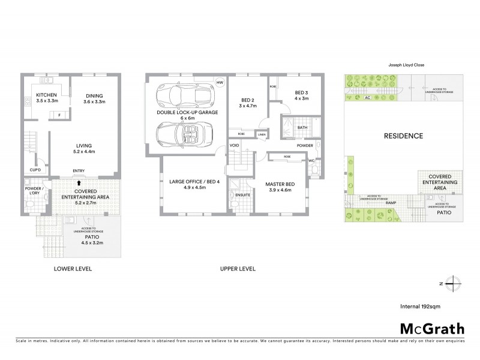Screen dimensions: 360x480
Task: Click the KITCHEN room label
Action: click(46, 95)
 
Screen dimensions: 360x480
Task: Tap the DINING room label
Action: click(94, 95)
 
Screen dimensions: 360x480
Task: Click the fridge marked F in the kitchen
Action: click(59, 114)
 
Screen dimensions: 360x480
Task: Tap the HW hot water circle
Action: click(220, 82)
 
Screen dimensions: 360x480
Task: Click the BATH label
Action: click(302, 127)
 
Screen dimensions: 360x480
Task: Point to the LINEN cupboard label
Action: click(262, 134)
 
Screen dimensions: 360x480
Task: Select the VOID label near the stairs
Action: click(235, 145)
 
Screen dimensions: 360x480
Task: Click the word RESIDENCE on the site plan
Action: click(403, 136)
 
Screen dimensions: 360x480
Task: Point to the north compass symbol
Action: click(454, 283)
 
